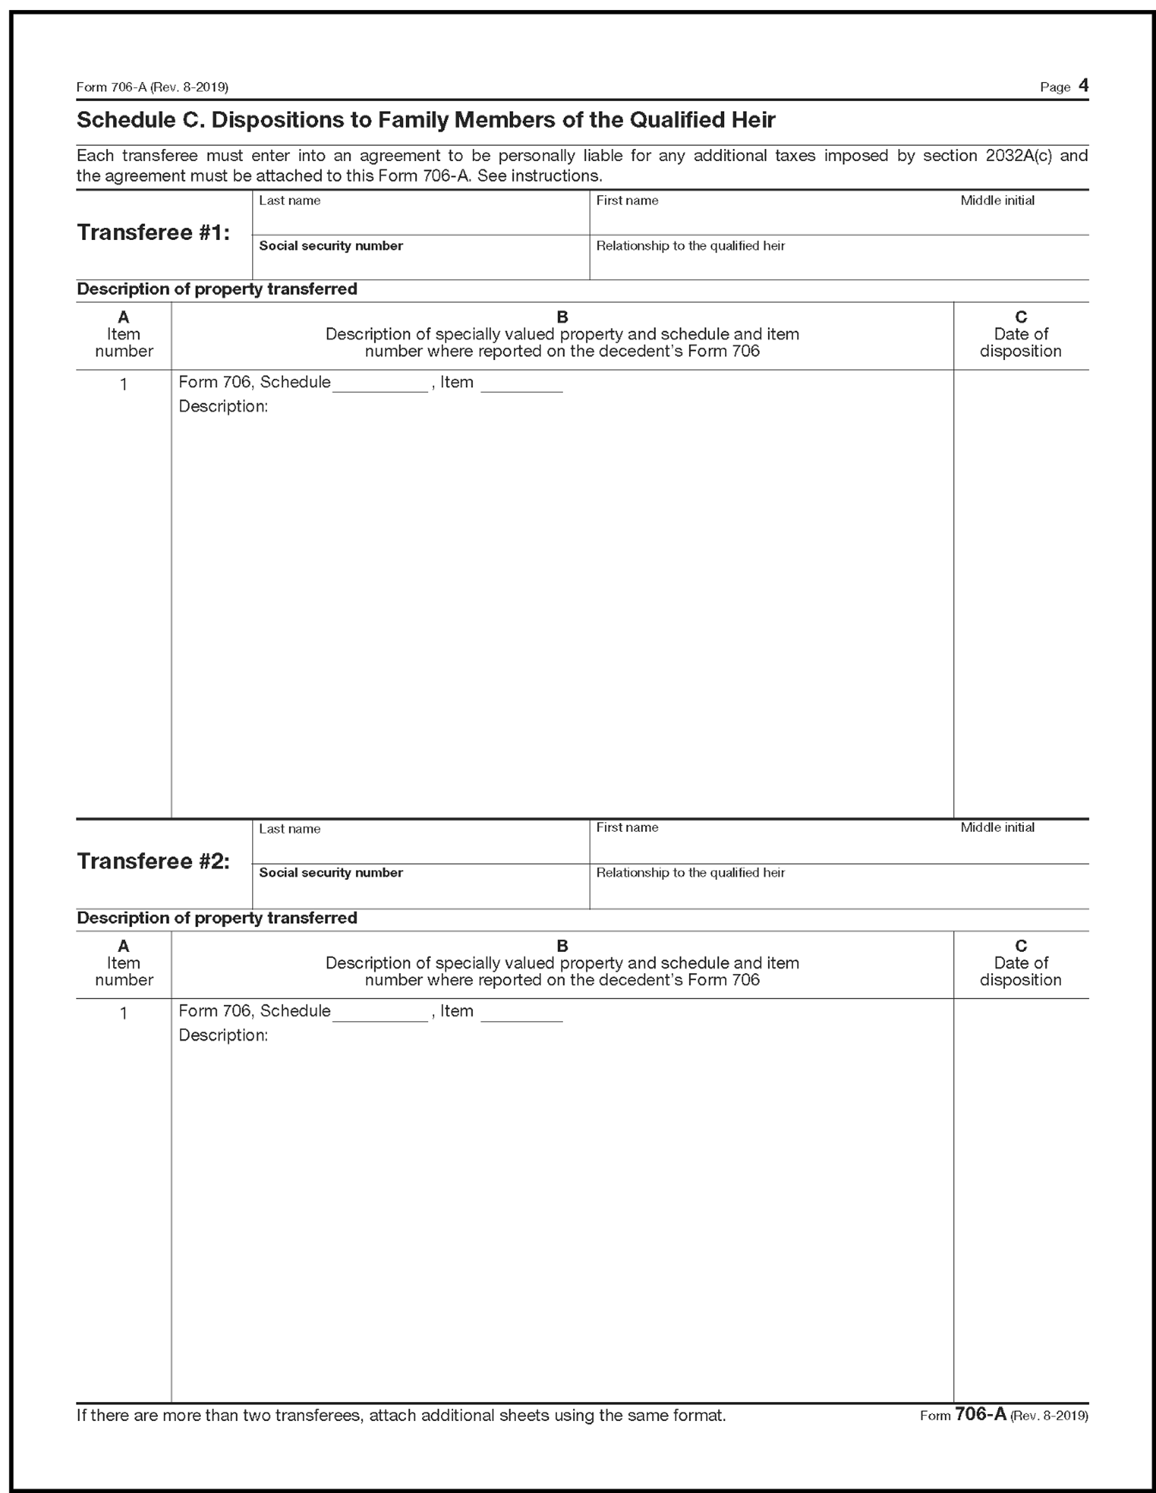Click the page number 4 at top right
click(1083, 85)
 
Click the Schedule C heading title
click(425, 121)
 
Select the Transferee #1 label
click(153, 232)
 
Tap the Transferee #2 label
click(153, 861)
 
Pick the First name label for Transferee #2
click(626, 828)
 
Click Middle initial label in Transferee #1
click(997, 200)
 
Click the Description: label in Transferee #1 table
click(223, 407)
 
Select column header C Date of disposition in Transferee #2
click(1021, 963)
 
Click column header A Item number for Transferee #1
click(124, 334)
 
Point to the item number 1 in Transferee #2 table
click(124, 1013)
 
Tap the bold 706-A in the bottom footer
click(980, 1415)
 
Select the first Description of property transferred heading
click(217, 289)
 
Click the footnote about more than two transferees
click(401, 1416)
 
